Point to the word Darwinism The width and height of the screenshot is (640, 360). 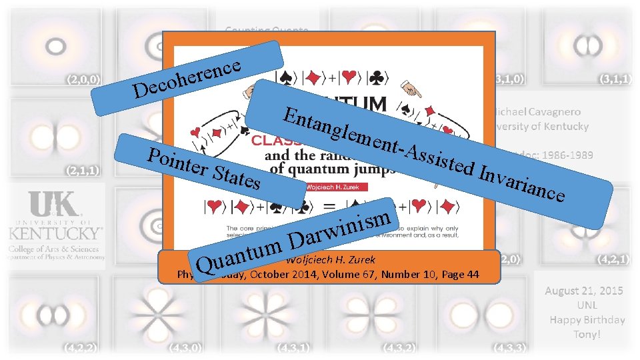coord(340,227)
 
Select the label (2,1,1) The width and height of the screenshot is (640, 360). coord(83,170)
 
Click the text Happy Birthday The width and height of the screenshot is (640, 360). coord(587,320)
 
